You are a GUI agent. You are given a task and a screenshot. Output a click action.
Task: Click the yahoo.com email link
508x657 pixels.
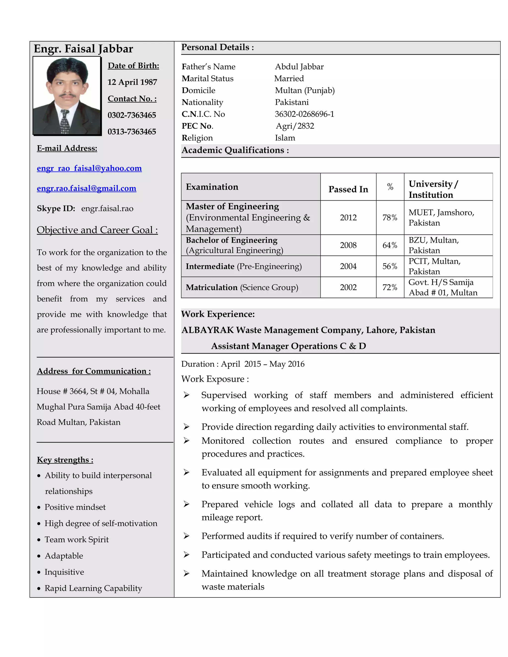[89, 168]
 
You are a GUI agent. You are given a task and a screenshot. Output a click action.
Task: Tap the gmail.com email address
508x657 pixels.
[86, 188]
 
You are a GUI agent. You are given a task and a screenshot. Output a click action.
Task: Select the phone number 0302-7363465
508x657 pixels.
[132, 115]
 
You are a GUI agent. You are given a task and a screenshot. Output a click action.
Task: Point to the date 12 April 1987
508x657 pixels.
[132, 82]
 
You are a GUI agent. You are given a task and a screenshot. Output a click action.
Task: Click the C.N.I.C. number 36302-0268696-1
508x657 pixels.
[304, 114]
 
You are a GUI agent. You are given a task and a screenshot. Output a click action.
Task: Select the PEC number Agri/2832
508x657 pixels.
[295, 126]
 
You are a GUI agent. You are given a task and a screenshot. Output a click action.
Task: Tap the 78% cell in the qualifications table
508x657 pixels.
[390, 217]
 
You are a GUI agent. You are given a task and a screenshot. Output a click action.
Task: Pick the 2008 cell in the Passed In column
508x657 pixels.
[348, 245]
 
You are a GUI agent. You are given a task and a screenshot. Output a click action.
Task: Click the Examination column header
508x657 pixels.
[212, 187]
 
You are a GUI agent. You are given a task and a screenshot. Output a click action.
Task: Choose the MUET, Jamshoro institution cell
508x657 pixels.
[441, 217]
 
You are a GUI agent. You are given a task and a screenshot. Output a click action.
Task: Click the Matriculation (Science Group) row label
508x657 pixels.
[242, 287]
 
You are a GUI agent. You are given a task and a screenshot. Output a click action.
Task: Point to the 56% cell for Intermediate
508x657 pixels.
[390, 266]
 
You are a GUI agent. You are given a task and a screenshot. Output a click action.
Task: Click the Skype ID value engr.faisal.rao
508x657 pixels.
[107, 209]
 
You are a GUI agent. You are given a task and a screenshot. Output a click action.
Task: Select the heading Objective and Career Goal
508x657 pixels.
[97, 230]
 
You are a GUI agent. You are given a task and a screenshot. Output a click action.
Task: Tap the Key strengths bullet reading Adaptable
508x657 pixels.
[64, 556]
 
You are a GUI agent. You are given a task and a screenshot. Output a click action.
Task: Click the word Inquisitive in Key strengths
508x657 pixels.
[64, 572]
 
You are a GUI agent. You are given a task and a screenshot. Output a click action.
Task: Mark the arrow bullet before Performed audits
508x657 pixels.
[187, 536]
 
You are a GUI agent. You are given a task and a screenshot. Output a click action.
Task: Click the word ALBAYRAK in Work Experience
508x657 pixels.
[208, 330]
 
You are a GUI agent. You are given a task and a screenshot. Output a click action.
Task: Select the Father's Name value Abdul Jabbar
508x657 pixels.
[299, 67]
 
